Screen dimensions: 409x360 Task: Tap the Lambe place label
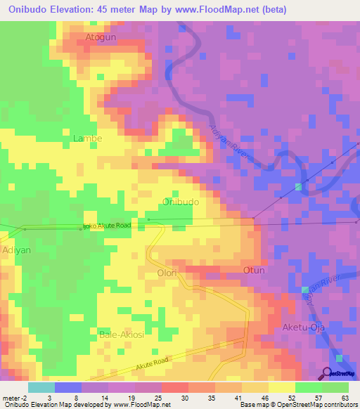point(88,138)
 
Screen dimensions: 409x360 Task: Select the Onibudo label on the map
point(181,202)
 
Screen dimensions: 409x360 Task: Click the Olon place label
point(167,272)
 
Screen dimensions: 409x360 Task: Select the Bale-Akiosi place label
point(122,335)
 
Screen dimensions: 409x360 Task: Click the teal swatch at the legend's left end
point(41,387)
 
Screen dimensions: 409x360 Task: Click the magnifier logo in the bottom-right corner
point(327,373)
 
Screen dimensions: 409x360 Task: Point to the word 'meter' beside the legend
point(13,398)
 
